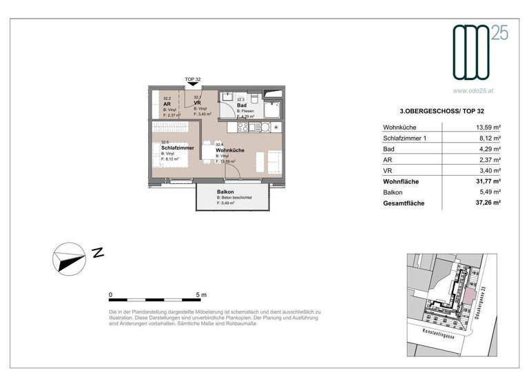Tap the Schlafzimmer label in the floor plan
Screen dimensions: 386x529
177,148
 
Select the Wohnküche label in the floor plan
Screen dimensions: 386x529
231,150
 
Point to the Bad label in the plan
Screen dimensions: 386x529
241,105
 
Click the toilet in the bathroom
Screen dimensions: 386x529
252,96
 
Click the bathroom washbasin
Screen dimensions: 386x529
227,97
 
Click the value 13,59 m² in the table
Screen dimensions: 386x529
487,128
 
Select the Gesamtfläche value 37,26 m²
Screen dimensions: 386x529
487,204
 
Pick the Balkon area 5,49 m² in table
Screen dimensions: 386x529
489,192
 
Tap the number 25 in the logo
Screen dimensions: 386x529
499,33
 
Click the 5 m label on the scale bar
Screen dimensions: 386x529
200,294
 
